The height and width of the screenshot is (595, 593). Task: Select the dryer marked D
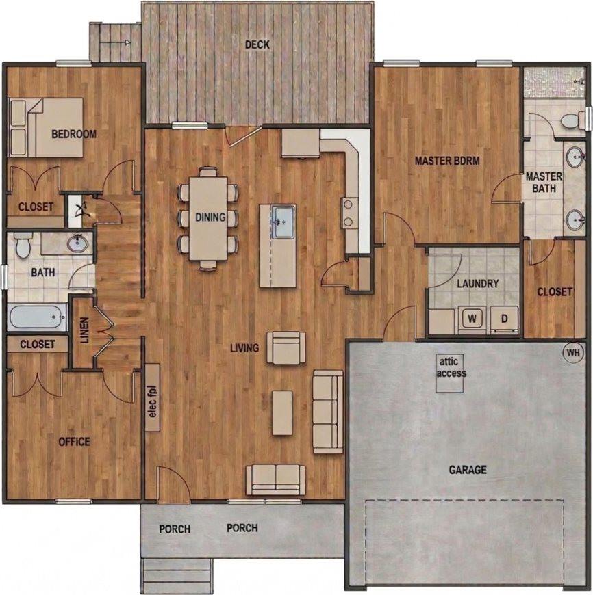(504, 318)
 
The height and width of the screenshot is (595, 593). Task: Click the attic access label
(451, 369)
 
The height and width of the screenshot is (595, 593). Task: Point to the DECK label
(257, 45)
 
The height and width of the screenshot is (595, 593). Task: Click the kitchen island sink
(282, 222)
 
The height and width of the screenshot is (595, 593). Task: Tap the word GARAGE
(468, 470)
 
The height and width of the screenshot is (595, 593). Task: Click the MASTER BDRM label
(447, 161)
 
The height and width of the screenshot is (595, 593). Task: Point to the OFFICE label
(74, 442)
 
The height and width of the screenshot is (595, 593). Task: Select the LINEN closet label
(84, 330)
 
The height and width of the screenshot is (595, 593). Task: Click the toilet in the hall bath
(23, 245)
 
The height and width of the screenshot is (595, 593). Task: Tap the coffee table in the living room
(282, 412)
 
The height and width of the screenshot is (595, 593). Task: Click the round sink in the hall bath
(78, 242)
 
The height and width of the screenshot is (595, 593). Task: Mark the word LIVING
(244, 348)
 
